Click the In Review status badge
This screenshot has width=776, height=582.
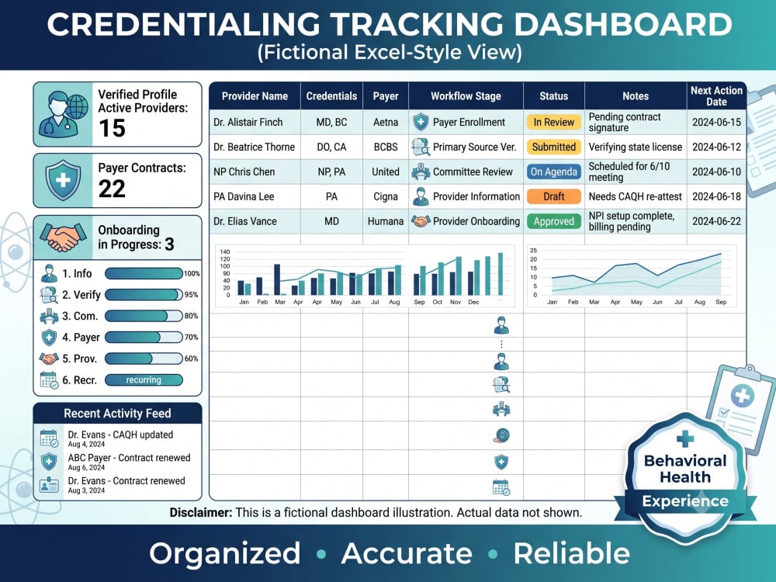click(554, 123)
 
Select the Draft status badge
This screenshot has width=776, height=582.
click(554, 196)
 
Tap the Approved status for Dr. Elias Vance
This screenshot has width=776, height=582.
click(554, 221)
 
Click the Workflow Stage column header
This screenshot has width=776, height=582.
click(466, 96)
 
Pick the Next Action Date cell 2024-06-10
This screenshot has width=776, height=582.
click(716, 171)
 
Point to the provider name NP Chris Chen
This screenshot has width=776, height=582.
click(244, 171)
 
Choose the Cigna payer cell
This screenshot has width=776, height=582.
click(386, 196)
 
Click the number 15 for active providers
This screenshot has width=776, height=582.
click(113, 128)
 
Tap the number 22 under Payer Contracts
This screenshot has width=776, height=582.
click(112, 189)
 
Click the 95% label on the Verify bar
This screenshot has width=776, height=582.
click(191, 294)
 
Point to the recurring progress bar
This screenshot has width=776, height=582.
click(144, 380)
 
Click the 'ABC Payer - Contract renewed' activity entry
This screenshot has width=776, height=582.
click(129, 458)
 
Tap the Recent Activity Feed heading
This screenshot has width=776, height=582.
click(117, 414)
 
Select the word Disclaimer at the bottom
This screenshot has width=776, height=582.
click(200, 513)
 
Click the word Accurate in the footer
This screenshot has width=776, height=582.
click(407, 553)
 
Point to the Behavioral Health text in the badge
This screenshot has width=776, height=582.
click(685, 469)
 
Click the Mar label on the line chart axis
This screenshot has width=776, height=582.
click(594, 302)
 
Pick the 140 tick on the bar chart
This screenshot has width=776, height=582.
click(225, 252)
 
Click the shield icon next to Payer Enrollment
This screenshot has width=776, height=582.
click(421, 122)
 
